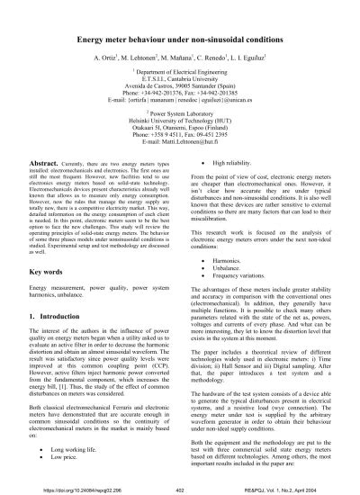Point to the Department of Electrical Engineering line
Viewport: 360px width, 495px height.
click(180, 83)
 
